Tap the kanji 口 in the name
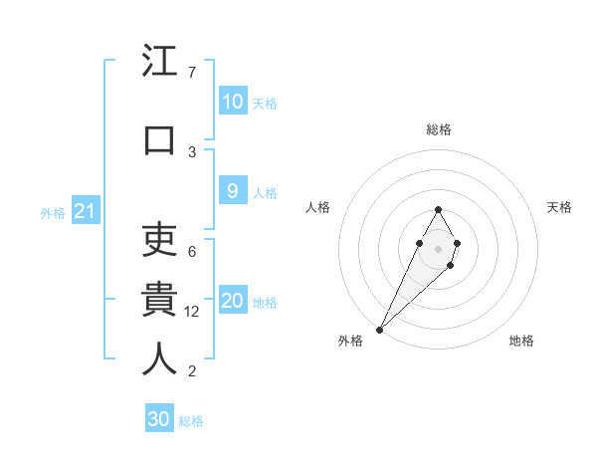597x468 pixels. pyautogui.click(x=159, y=139)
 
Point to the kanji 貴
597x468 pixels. pyautogui.click(x=159, y=299)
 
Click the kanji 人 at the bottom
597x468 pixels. pyautogui.click(x=159, y=358)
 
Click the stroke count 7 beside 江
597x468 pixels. pyautogui.click(x=192, y=73)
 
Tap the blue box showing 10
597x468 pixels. pyautogui.click(x=232, y=102)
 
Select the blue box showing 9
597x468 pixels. pyautogui.click(x=232, y=192)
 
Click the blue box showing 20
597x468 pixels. pyautogui.click(x=232, y=302)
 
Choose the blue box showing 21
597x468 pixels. pyautogui.click(x=85, y=211)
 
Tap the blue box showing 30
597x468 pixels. pyautogui.click(x=159, y=419)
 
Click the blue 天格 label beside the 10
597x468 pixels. pyautogui.click(x=265, y=104)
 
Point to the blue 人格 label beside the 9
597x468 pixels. pyautogui.click(x=265, y=193)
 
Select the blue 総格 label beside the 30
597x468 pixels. pyautogui.click(x=191, y=421)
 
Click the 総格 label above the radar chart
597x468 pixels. pyautogui.click(x=438, y=129)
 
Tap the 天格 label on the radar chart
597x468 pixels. pyautogui.click(x=560, y=207)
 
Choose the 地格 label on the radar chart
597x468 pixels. pyautogui.click(x=521, y=341)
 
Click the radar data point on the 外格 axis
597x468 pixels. pyautogui.click(x=380, y=328)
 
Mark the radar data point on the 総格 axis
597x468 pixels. pyautogui.click(x=438, y=209)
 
